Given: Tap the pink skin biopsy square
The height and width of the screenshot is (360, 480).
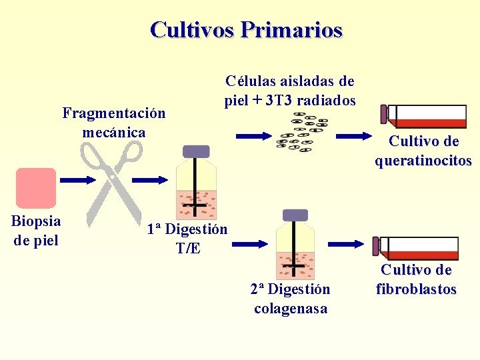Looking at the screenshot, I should coord(36,188).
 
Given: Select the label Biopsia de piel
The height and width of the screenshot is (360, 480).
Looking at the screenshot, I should coord(36,230).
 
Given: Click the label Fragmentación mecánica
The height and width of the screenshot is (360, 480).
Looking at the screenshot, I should coord(114,123).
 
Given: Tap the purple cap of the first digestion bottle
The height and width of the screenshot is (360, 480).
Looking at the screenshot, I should coord(196,151).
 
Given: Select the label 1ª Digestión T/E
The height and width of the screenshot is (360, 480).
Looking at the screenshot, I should coord(187,239).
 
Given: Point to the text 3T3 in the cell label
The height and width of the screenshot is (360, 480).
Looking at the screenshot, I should coord(279,101).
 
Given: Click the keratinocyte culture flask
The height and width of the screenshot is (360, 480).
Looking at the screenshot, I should coord(424,116).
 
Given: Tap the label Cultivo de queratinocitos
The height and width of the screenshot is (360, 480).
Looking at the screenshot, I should coord(423,151).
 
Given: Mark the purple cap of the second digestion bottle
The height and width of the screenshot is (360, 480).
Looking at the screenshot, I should coord(295,215).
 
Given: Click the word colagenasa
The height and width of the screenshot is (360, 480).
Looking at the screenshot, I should coord(290,309).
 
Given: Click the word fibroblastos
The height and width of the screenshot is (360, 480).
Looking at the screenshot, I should coord(416,289).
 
